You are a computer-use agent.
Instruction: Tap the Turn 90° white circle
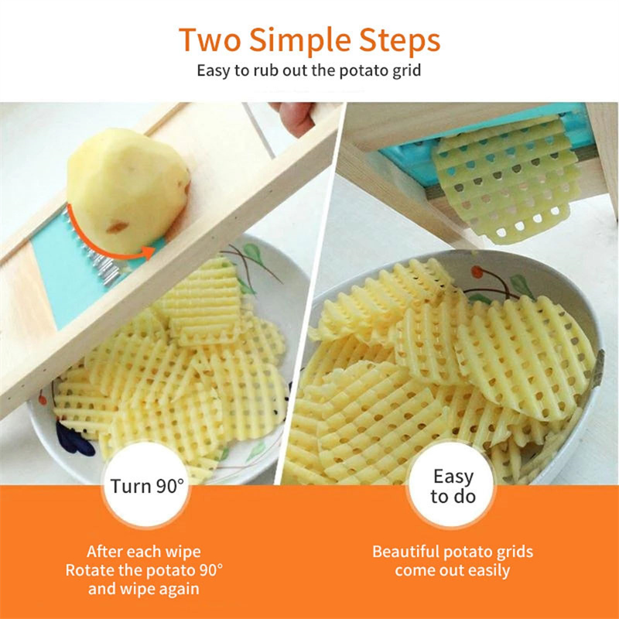coord(148,486)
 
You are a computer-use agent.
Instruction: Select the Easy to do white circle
coord(453,486)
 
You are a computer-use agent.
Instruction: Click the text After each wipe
coord(144,552)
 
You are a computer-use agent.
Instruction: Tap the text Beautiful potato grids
coord(453,552)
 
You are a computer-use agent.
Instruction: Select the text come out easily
coord(453,571)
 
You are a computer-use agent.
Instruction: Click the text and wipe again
coord(144,589)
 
